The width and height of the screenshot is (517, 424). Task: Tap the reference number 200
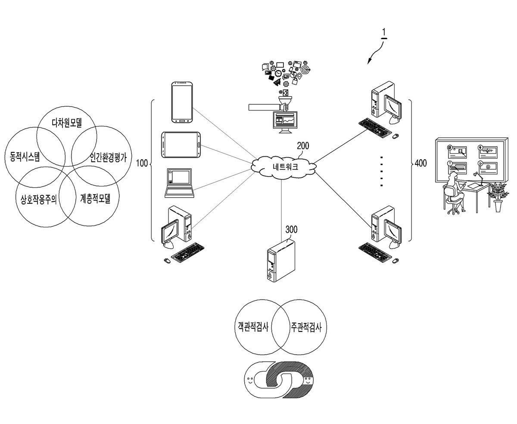click(303, 146)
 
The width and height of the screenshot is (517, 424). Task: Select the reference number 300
click(291, 229)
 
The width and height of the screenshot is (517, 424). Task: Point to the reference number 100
click(142, 163)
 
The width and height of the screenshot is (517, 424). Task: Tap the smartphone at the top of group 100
click(182, 102)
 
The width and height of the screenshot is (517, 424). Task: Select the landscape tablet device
click(181, 145)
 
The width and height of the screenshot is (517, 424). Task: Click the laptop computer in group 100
click(179, 183)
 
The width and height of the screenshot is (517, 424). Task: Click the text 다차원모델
click(67, 123)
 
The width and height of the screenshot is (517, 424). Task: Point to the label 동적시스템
click(25, 156)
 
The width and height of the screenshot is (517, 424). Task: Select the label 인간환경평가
click(108, 157)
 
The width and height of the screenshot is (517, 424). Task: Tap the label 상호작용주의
click(39, 199)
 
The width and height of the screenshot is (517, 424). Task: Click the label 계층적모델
click(95, 198)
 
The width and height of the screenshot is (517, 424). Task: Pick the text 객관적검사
click(253, 327)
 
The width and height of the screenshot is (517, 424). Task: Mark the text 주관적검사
click(306, 327)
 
